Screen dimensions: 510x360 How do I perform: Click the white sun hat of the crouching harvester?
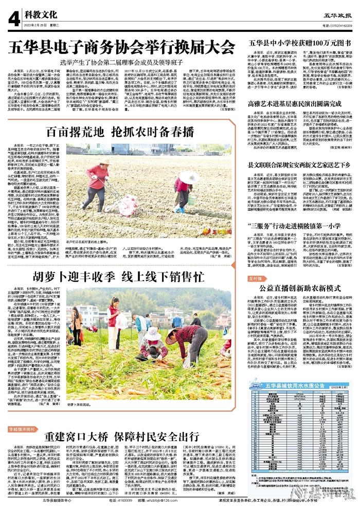coord(153,334)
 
